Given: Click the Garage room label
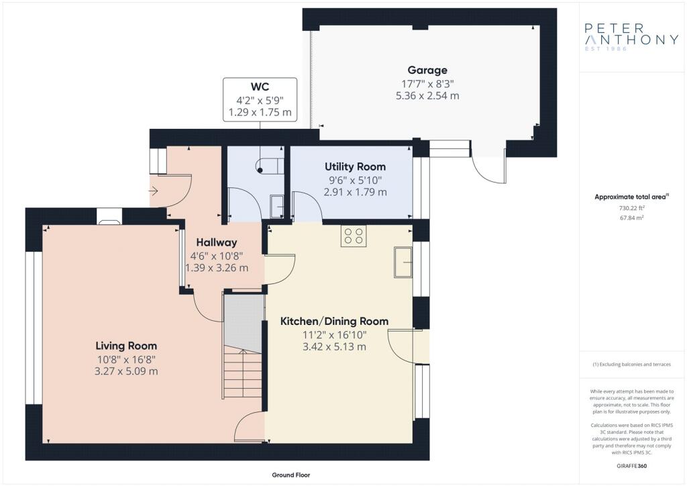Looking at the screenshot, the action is pos(427,70).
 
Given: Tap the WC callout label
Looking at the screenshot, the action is pos(260,87).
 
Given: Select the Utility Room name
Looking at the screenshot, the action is pos(356,167).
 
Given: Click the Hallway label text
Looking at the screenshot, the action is pos(217,242).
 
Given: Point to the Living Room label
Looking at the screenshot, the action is pos(126,346).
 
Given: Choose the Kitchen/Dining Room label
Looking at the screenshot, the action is pos(334,322).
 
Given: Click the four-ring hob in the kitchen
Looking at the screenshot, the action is pos(354,236).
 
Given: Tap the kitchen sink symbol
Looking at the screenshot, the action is pos(403,262).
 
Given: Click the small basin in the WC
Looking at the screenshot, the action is pos(276,206).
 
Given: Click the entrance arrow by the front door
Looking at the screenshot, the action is pos(154,191).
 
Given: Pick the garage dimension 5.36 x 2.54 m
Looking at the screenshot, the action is pos(427,95).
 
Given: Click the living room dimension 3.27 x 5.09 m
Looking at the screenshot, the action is pos(126,371).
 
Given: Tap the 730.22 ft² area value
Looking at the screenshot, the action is pos(632,208).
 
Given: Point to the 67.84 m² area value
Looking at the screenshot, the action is pos(632,217).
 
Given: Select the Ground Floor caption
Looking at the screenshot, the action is pos(291,475).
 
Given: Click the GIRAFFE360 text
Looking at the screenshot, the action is pos(632,466).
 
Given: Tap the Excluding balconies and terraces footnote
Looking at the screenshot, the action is pos(632,364).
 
